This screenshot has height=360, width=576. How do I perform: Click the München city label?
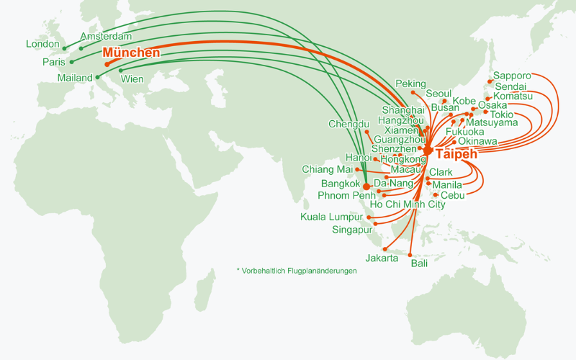pos(131,53)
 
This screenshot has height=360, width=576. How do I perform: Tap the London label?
pos(42,44)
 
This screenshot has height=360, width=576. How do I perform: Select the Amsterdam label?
pos(106,36)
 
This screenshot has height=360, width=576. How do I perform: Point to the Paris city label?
pos(54,62)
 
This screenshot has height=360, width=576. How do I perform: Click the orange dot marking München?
pos(107,65)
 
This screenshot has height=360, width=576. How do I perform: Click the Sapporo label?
pos(512,76)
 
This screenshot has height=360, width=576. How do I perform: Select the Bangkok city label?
pos(341,184)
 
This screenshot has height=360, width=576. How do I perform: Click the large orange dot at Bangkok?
pos(366,186)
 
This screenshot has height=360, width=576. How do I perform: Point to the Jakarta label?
pos(382,258)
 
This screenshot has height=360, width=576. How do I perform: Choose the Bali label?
pos(419,264)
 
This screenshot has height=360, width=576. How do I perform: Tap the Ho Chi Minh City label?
pos(408,204)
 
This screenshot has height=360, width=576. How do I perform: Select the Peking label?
pos(411,84)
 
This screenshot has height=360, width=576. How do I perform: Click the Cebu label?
pos(453,195)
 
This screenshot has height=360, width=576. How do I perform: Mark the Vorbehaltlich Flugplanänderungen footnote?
pos(297,271)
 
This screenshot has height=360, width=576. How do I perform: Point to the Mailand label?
pos(76,77)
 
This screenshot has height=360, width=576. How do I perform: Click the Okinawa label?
pos(477,141)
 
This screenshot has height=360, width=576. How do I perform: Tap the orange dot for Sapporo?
pos(490,81)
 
